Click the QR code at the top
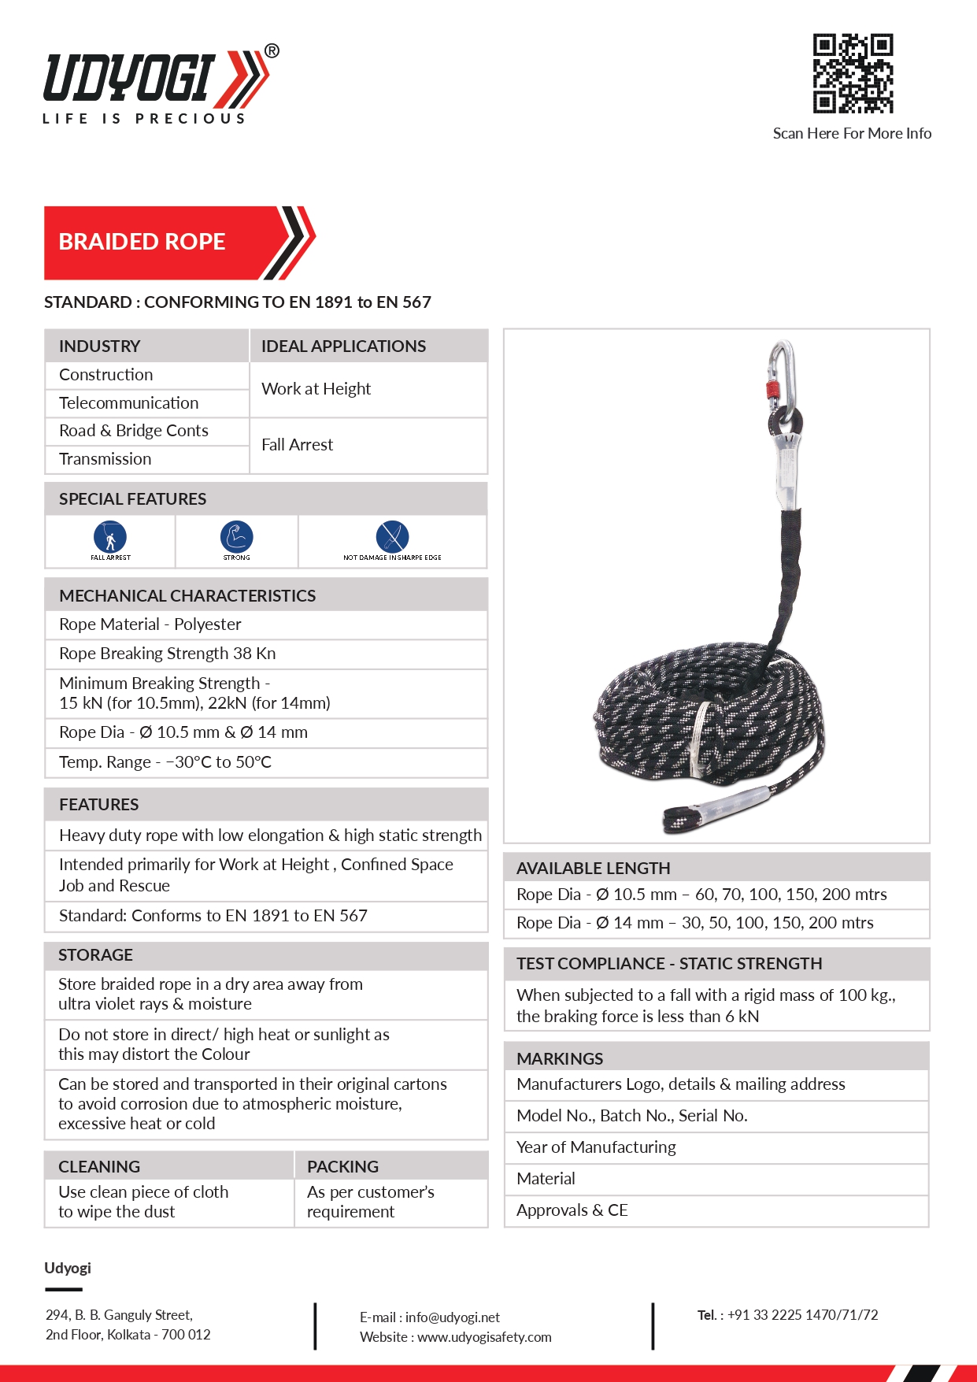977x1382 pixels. tap(853, 73)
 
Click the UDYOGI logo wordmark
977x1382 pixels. tap(130, 78)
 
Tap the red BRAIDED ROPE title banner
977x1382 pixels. tap(157, 243)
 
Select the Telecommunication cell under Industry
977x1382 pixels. tap(129, 403)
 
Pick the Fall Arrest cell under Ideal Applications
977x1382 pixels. tap(298, 445)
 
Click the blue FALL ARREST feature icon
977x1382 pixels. tap(110, 537)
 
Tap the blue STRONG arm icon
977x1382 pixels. tap(236, 537)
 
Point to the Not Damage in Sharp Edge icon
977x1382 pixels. tap(392, 537)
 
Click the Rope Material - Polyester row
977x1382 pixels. tap(150, 624)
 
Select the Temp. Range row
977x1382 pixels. tap(165, 762)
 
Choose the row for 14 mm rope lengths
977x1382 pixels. tap(695, 923)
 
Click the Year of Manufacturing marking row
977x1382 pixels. tap(596, 1147)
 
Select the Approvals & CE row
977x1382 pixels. tap(572, 1210)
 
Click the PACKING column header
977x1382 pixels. tap(343, 1166)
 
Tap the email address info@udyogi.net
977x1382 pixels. tap(452, 1317)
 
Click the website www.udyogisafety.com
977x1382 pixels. tap(483, 1337)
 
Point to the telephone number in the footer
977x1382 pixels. tap(802, 1315)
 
